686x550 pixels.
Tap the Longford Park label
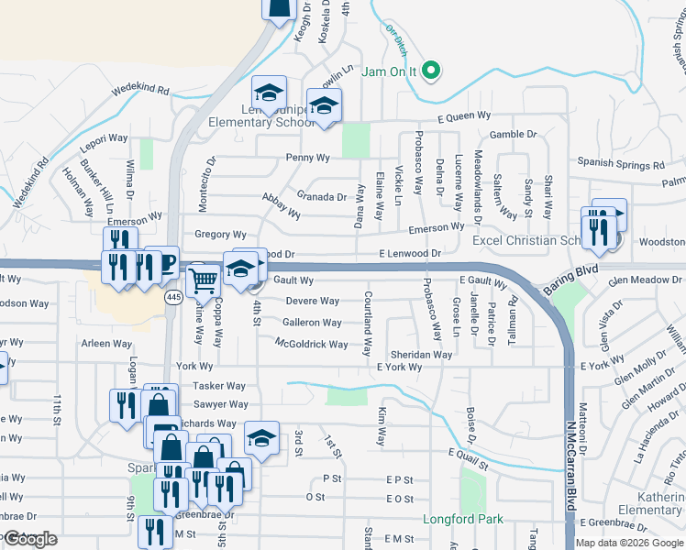click(x=463, y=519)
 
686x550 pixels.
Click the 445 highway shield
click(x=173, y=297)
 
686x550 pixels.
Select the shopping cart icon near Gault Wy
click(x=205, y=280)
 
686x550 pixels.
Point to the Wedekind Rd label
click(x=140, y=91)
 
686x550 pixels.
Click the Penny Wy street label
click(x=307, y=158)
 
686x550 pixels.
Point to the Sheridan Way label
click(x=422, y=354)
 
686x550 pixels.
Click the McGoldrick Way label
click(x=312, y=345)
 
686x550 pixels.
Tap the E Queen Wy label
click(x=464, y=117)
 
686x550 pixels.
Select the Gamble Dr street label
click(x=513, y=134)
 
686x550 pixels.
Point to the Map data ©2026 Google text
click(x=629, y=543)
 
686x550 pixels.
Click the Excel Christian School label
click(x=526, y=240)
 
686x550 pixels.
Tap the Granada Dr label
click(x=322, y=196)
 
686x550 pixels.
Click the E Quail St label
click(x=470, y=454)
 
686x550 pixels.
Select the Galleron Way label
click(x=313, y=323)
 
